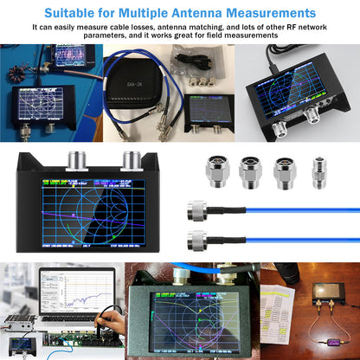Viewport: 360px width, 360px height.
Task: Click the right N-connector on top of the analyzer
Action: coord(132,160)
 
